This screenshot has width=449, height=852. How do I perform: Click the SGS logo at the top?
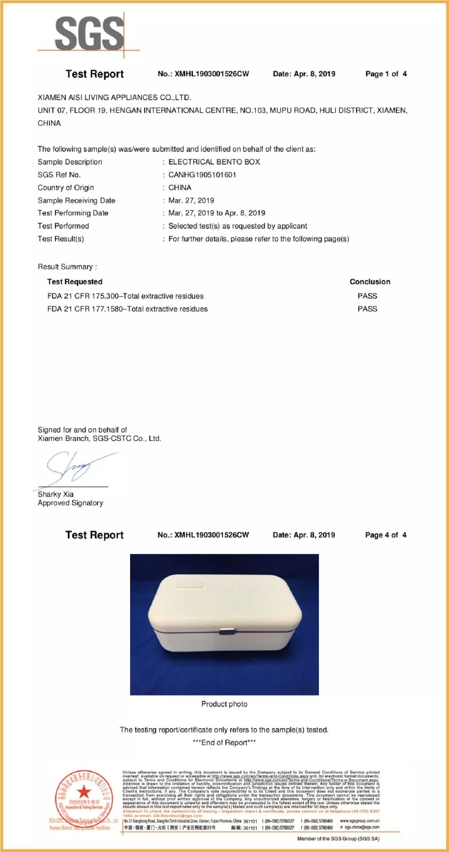tap(89, 33)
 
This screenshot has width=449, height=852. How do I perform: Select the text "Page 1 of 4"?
tap(386, 74)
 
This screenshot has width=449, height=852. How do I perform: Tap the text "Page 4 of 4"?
tap(385, 535)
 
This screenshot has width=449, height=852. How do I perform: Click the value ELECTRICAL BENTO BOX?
tap(214, 162)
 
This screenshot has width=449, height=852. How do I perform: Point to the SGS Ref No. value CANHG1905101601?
tap(202, 175)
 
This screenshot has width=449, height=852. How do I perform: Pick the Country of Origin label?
tap(66, 188)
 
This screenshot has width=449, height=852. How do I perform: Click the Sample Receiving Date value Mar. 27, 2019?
tap(191, 201)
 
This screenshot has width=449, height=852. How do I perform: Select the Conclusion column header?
tap(370, 282)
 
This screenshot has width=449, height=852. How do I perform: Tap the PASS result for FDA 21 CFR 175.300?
tap(367, 296)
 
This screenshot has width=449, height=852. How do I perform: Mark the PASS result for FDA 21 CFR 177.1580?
tap(367, 309)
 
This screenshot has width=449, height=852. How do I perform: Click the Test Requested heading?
tap(75, 282)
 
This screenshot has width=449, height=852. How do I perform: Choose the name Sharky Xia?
tap(56, 494)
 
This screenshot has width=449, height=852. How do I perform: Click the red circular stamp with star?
tap(84, 800)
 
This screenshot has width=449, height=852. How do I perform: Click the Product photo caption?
tap(224, 704)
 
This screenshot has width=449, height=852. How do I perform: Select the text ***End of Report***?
tap(224, 743)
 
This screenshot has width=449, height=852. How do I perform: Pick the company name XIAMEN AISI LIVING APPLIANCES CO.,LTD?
tap(114, 98)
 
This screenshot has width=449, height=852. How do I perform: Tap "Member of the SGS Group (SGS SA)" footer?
tap(338, 839)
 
